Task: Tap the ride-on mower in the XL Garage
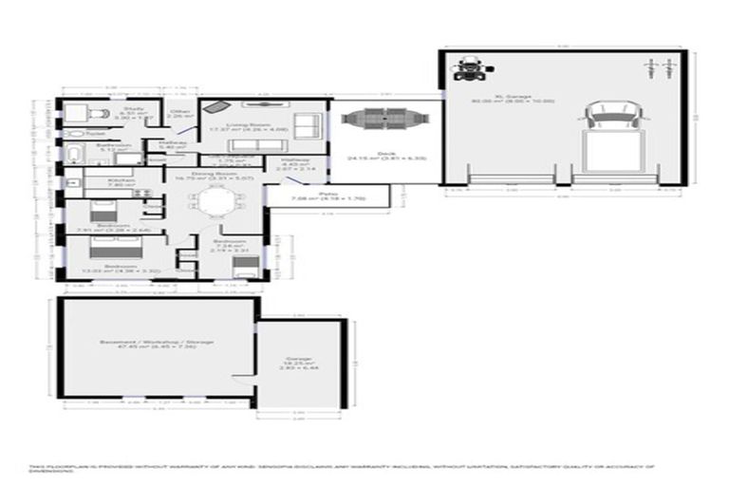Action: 468,67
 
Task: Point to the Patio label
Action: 328,195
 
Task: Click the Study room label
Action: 135,110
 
